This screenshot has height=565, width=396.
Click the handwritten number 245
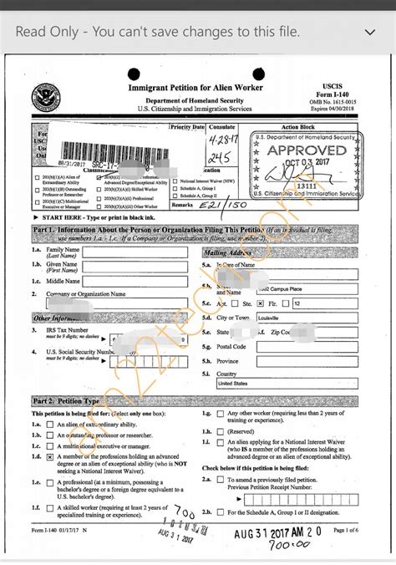(x=220, y=159)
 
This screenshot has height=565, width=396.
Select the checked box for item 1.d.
(x=50, y=457)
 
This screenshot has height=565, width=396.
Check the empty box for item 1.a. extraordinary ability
(x=50, y=425)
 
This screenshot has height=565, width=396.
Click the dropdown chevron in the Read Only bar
(x=371, y=32)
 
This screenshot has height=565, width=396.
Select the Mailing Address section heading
(x=228, y=251)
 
